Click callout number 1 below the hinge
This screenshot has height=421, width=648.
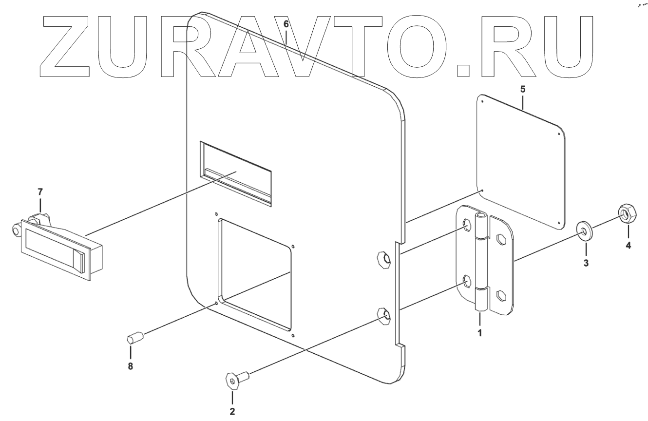click(x=479, y=333)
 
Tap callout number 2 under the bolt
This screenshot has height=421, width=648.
click(x=232, y=411)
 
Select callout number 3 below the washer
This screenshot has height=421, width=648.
click(x=586, y=263)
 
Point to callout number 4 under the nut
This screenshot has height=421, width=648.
click(x=628, y=246)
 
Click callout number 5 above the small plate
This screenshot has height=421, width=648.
click(x=523, y=90)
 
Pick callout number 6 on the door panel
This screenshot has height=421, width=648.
click(x=286, y=23)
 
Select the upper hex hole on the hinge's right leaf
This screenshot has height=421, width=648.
click(x=500, y=239)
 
